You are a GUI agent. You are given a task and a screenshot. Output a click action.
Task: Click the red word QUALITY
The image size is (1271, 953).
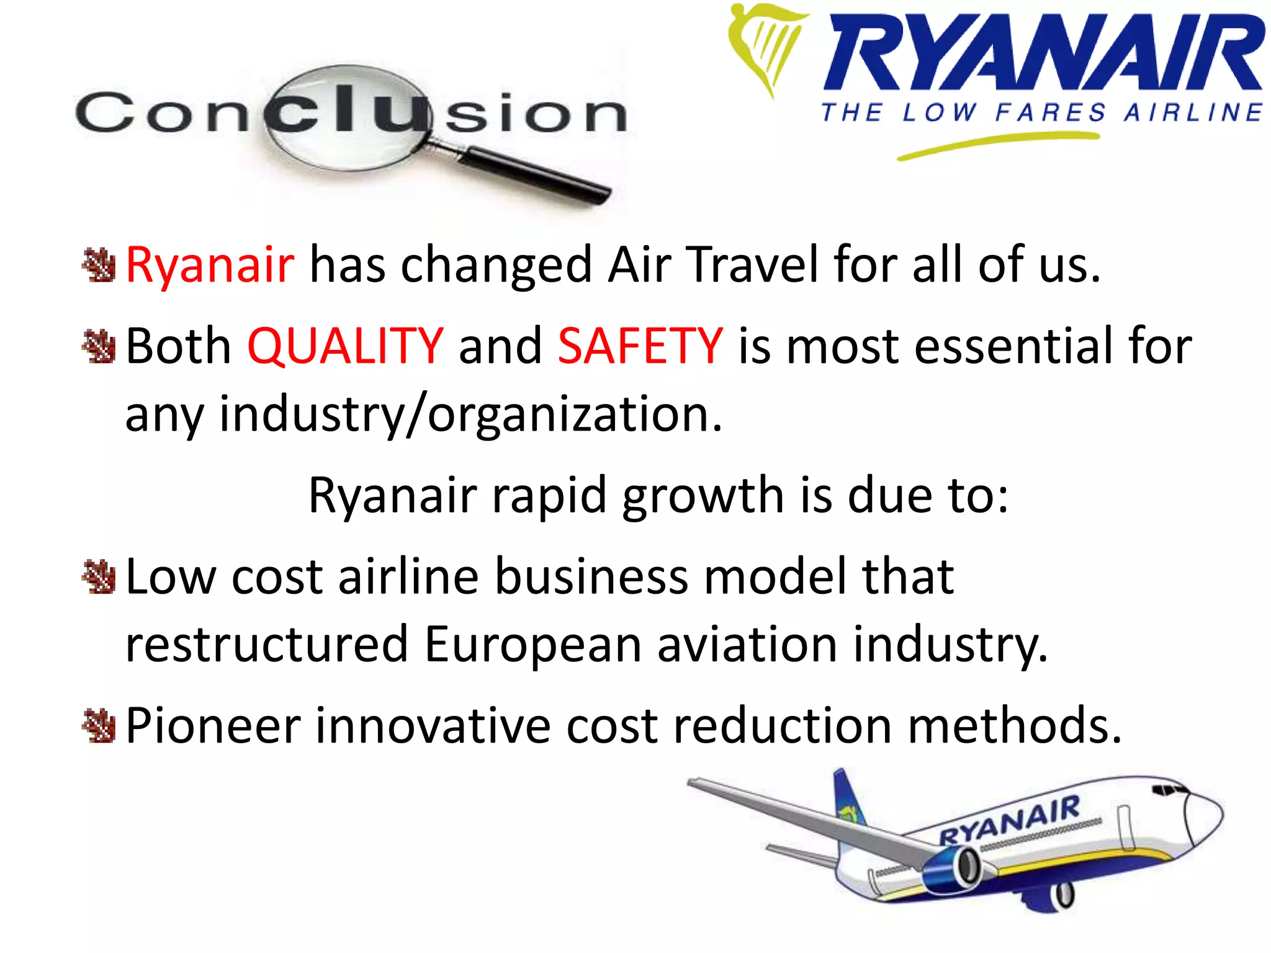(345, 346)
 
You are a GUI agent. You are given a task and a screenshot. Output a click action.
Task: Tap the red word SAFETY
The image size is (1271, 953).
(640, 346)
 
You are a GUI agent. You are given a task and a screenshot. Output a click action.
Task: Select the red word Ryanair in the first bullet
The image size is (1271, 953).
(210, 265)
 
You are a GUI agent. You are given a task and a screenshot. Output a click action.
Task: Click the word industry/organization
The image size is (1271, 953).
(471, 414)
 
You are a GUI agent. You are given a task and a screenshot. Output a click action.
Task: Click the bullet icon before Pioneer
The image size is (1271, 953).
(99, 726)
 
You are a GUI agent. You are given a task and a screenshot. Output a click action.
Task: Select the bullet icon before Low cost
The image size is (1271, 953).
(99, 577)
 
